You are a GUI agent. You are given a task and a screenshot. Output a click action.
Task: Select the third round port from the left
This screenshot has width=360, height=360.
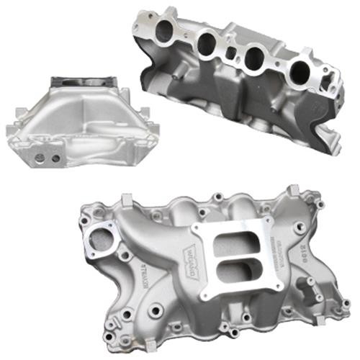pos(256,58)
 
